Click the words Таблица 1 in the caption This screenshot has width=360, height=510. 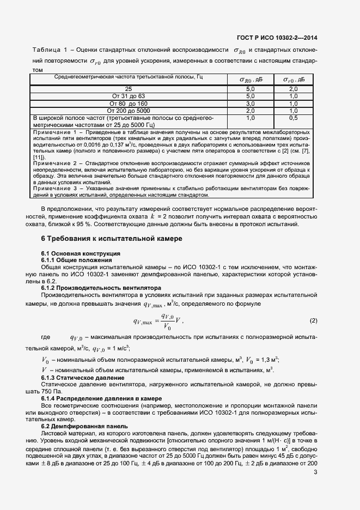(50, 51)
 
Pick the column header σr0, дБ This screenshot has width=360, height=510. (293, 80)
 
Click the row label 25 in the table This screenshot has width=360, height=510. (129, 88)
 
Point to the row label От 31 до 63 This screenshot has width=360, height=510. (129, 96)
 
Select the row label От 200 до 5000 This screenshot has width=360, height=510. (129, 111)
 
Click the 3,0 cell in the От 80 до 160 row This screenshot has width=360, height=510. (251, 103)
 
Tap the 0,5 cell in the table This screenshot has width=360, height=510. (293, 118)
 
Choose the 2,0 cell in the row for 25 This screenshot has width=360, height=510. (293, 88)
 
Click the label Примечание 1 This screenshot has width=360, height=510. (56, 132)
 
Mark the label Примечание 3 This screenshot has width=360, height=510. (56, 188)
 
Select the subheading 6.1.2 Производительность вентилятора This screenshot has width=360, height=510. (101, 287)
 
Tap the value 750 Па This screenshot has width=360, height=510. (53, 391)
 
